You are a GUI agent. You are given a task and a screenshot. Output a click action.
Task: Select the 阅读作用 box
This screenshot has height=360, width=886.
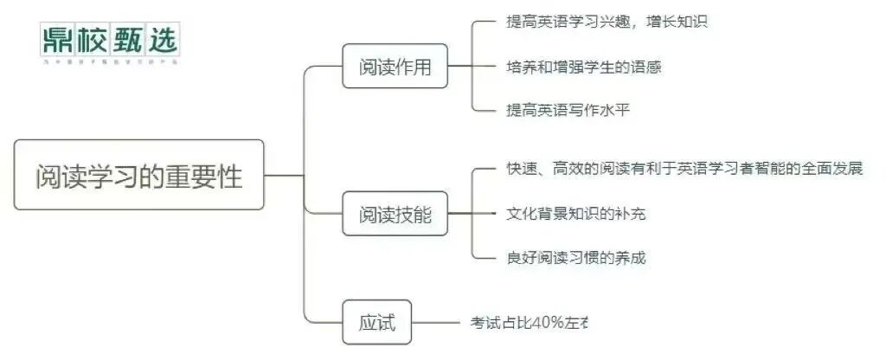tap(395, 66)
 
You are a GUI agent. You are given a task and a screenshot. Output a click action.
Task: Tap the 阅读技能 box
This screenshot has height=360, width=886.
tap(395, 214)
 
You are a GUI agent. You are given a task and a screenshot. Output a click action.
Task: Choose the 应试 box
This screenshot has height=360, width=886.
tap(376, 323)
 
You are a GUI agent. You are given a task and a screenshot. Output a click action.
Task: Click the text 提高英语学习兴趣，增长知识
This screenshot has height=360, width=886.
tap(607, 22)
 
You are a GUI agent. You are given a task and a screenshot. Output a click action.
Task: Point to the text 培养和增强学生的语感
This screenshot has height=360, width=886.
tap(583, 66)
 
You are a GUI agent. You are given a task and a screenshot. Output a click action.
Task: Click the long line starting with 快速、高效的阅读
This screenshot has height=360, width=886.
tap(684, 169)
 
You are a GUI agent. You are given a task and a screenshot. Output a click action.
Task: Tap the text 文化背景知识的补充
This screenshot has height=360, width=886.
tap(575, 213)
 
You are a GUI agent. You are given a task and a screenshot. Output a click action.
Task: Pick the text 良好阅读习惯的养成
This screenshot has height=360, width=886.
tap(575, 257)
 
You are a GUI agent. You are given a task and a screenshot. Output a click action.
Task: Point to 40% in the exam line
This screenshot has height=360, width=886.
tap(545, 323)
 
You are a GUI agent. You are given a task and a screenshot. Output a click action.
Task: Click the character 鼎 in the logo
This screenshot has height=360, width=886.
tap(57, 39)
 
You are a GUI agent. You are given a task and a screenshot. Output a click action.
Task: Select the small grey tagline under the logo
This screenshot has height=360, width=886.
tap(109, 62)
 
